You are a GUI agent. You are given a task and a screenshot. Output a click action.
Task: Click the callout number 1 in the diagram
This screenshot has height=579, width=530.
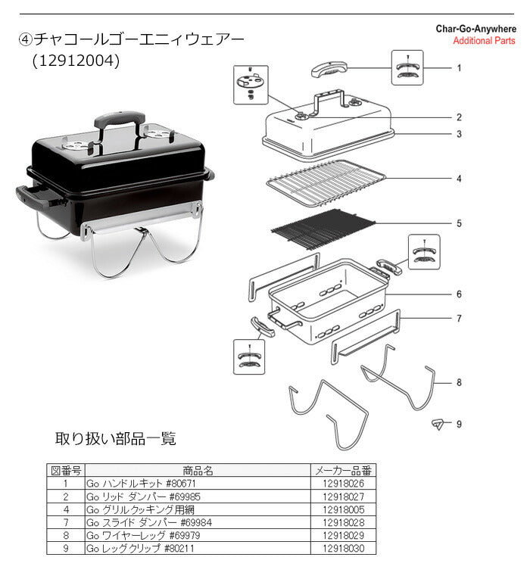pos(459,68)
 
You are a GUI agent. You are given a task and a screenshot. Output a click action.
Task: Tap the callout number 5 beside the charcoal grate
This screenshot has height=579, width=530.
pos(459,224)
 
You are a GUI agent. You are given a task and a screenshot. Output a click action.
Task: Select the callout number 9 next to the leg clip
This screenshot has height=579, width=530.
pos(459,424)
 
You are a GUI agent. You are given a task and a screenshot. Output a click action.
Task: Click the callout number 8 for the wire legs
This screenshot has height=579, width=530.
pos(459,383)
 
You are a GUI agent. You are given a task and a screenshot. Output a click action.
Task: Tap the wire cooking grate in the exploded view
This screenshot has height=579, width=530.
pos(326,182)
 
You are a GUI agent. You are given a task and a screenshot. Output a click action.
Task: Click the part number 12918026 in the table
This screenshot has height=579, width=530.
pos(343,483)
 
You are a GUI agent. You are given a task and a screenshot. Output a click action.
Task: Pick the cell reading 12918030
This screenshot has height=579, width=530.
pos(343,548)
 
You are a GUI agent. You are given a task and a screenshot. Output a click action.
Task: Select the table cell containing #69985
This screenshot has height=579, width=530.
pos(198,497)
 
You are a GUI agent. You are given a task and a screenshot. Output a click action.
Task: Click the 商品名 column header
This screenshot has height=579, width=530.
pos(198,470)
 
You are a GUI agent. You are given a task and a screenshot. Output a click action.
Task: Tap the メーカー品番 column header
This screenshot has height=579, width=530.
pos(343,470)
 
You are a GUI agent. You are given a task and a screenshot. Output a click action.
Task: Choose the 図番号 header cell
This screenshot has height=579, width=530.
pos(66,470)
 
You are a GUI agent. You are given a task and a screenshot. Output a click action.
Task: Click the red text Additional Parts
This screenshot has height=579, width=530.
pos(484,41)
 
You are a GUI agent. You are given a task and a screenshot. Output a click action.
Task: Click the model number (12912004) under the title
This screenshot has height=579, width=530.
pos(76,61)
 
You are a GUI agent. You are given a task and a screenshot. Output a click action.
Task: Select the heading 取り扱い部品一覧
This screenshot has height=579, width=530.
pos(116,438)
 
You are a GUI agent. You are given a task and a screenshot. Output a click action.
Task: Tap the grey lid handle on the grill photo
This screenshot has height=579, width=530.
pos(120,119)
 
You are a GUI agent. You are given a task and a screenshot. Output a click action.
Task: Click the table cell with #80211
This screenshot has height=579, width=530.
pos(198,548)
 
